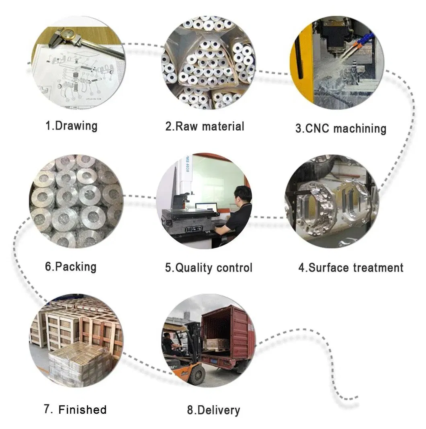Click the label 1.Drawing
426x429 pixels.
pos(71,125)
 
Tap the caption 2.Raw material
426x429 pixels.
pos(205,126)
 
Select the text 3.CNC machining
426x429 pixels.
pos(341,128)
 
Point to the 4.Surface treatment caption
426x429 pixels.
pos(350,267)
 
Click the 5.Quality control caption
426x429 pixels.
pos(209,268)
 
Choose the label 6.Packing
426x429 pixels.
pos(70,267)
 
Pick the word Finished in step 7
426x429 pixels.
pos(82,410)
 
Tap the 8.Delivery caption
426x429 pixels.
pos(213,410)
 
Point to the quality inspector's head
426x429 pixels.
pos(243,195)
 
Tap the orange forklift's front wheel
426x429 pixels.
pos(197,375)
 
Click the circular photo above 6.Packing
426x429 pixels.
pos(76,201)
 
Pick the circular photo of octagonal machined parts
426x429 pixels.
pos(332,201)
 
